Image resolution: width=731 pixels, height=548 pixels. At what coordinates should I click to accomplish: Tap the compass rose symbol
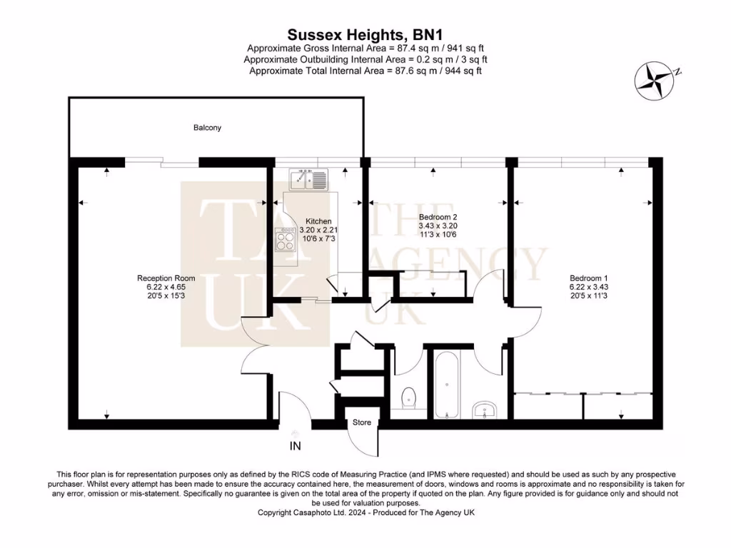[653, 79]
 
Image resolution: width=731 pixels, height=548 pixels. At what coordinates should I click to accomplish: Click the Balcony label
[207, 128]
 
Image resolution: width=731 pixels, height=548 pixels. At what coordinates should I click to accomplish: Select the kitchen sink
[308, 178]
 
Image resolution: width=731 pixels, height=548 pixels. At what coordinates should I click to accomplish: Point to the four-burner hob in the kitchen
[286, 238]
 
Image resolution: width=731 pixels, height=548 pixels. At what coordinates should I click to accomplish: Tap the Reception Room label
[166, 278]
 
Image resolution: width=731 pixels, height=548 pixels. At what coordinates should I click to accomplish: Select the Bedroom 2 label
[438, 217]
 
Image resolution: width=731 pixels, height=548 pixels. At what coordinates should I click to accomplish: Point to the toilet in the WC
[409, 397]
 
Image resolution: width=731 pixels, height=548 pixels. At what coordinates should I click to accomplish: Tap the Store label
[362, 422]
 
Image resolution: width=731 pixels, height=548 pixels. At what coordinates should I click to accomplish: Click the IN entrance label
[295, 447]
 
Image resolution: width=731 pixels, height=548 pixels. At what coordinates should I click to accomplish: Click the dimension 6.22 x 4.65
[166, 287]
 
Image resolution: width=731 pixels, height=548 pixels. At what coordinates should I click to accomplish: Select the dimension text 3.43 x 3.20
[438, 225]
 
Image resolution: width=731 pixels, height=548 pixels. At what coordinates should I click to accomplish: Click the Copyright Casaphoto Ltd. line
[365, 512]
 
